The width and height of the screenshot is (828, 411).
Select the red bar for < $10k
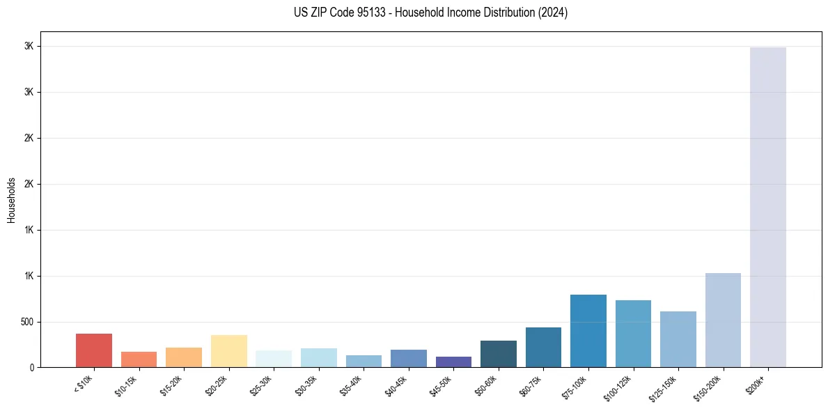pyautogui.click(x=94, y=350)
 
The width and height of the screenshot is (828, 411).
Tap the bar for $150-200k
pyautogui.click(x=723, y=320)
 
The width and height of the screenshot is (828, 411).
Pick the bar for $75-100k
pyautogui.click(x=588, y=331)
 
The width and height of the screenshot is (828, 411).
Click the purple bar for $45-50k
pyautogui.click(x=453, y=362)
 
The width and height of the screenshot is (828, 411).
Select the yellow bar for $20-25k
pyautogui.click(x=228, y=351)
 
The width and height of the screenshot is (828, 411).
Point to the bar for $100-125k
pyautogui.click(x=633, y=334)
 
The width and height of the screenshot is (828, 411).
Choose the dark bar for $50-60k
pyautogui.click(x=498, y=354)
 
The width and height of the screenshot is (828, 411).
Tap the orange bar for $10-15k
pyautogui.click(x=139, y=359)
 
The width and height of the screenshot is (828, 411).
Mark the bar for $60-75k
pyautogui.click(x=543, y=347)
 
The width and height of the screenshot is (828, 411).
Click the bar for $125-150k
pyautogui.click(x=678, y=339)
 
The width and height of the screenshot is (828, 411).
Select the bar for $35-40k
pyautogui.click(x=364, y=361)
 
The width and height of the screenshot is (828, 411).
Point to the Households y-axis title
pyautogui.click(x=11, y=200)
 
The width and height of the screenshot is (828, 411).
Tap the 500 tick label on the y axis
pyautogui.click(x=26, y=322)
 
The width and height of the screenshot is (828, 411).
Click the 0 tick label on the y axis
pyautogui.click(x=31, y=367)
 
